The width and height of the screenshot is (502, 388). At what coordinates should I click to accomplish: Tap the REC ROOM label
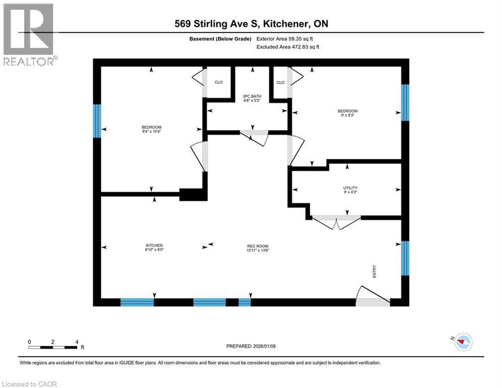click(x=258, y=246)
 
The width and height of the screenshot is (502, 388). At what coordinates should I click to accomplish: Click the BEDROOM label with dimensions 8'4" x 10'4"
click(x=151, y=127)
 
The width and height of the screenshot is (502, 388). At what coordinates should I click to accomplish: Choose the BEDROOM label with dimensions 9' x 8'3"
click(x=348, y=111)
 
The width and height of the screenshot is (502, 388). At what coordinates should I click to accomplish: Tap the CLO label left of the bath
click(x=218, y=82)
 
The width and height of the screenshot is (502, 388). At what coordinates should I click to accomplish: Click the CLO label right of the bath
click(x=281, y=82)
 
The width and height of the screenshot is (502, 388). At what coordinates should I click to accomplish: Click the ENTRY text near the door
click(x=374, y=272)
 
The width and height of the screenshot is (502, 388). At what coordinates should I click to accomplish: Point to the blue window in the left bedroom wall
click(x=97, y=121)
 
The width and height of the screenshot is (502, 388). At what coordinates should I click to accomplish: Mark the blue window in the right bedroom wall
click(x=405, y=103)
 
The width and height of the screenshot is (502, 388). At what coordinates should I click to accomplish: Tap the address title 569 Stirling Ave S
click(x=250, y=24)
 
